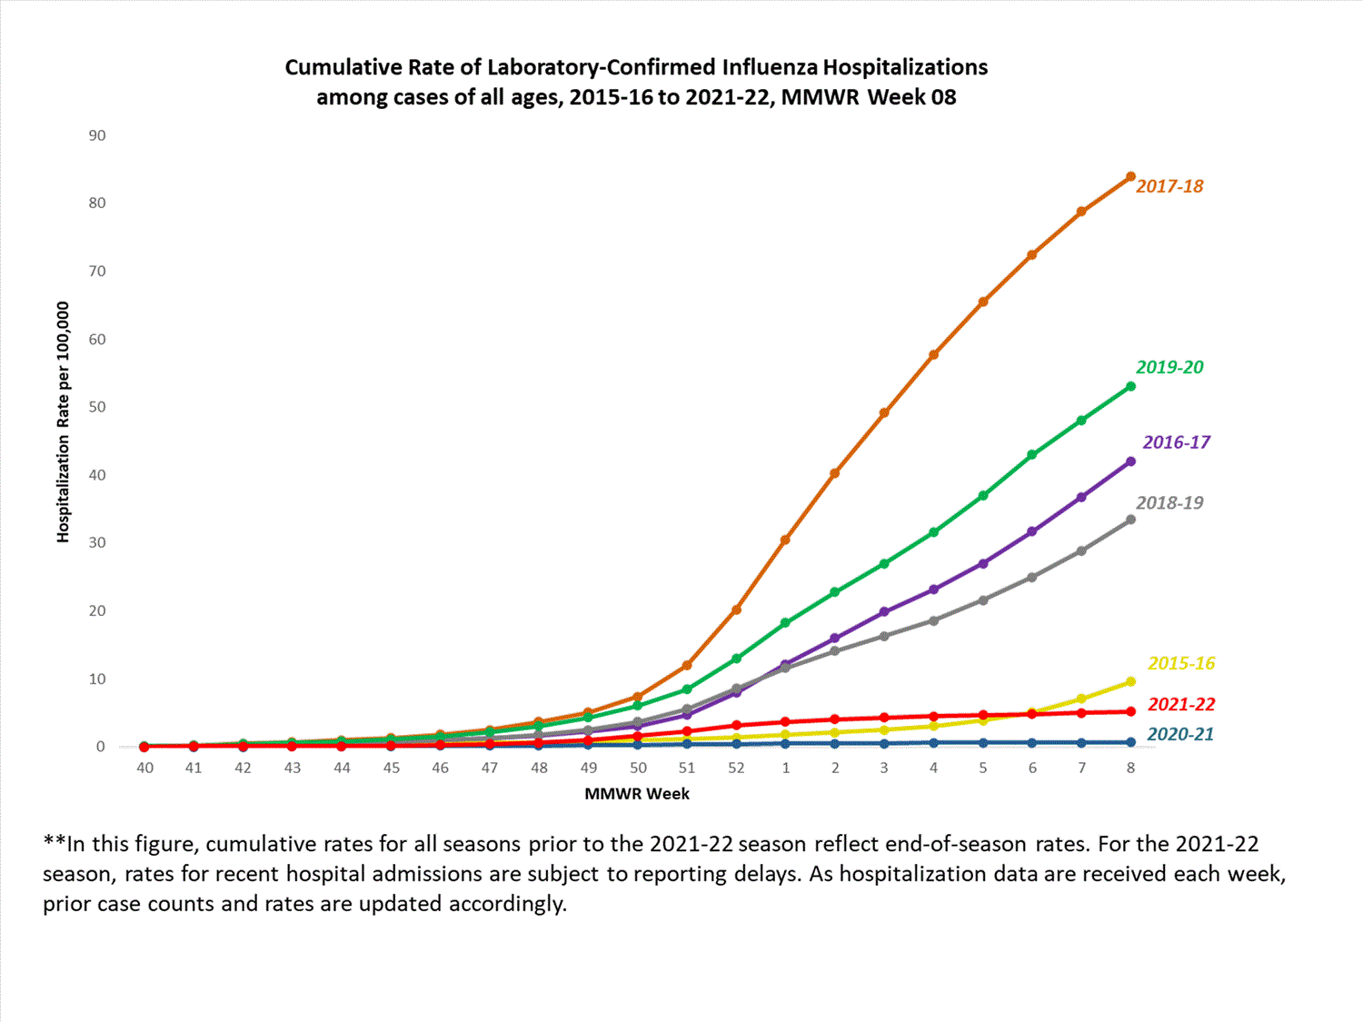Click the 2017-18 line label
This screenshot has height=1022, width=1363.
pos(1169,186)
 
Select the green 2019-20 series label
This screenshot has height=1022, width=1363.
pos(1169,367)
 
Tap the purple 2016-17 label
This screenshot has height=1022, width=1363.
pos(1176,442)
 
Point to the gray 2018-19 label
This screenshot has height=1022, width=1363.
pos(1169,502)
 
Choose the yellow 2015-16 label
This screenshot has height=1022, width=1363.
pos(1181,663)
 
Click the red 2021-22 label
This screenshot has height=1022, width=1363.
pos(1181,704)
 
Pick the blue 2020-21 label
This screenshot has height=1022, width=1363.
pos(1179,734)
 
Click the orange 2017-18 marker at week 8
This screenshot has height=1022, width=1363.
pos(1130,176)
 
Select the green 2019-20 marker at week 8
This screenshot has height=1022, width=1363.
pos(1130,387)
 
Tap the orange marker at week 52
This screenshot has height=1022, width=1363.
pos(736,610)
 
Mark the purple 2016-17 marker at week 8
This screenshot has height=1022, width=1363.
pos(1130,461)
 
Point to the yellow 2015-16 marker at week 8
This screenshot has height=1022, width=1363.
pos(1130,681)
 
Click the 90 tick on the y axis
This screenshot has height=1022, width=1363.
pos(97,135)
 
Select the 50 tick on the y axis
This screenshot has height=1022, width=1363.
pos(97,407)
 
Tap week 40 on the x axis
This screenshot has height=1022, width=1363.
pos(144,768)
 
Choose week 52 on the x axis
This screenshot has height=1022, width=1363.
pos(736,768)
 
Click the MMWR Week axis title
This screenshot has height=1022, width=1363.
pos(637,794)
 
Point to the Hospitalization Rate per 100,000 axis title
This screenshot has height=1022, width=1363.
pos(63,422)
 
